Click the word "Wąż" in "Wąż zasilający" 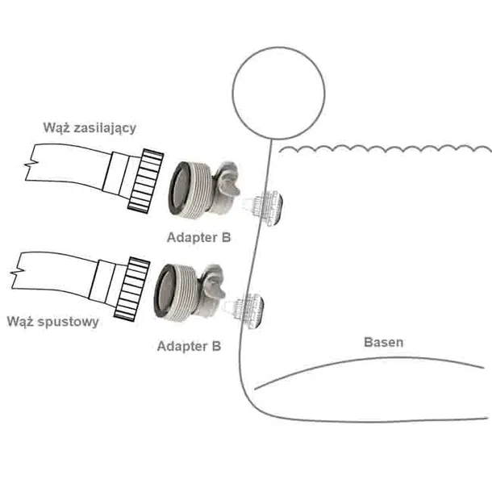click(x=54, y=128)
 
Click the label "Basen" click(x=383, y=342)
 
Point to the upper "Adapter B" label click(x=199, y=237)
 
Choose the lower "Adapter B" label click(x=189, y=346)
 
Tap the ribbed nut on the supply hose click(x=146, y=181)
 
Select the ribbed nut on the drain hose click(x=131, y=289)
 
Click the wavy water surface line click(x=386, y=148)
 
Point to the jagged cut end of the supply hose click(x=30, y=163)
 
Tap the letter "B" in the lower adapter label click(x=216, y=346)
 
